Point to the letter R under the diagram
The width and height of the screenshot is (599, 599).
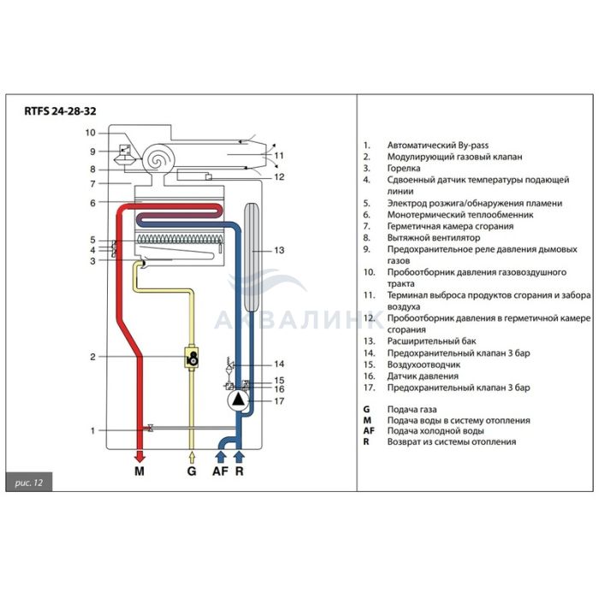click(240, 471)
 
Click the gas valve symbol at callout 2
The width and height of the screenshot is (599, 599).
click(194, 357)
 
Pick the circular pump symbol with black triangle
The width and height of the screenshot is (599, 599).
click(235, 397)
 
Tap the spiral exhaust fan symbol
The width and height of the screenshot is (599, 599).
click(159, 157)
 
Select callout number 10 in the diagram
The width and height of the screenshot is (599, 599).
click(91, 133)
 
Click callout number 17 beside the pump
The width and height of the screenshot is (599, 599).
click(278, 400)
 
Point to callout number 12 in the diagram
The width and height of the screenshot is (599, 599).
click(278, 178)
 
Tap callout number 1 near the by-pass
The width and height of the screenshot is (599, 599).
click(93, 430)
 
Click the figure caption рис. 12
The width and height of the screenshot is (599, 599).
click(29, 483)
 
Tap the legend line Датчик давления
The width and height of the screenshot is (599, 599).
click(424, 376)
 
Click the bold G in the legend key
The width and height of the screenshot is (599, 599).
click(366, 409)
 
